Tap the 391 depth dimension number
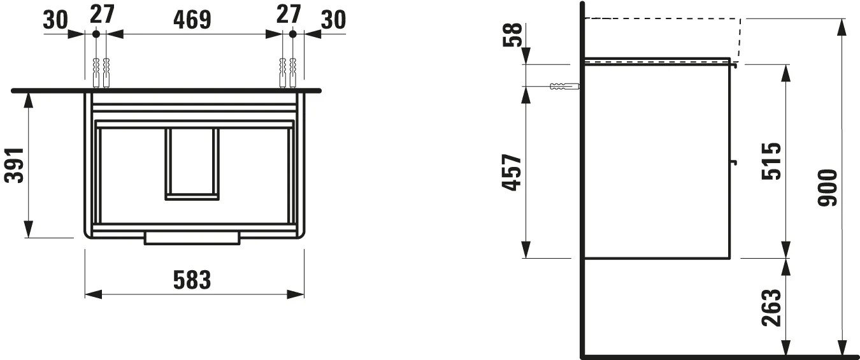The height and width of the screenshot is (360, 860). coord(15,165)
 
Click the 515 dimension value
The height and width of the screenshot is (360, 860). coord(771,161)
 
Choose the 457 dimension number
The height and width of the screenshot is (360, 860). coord(512,173)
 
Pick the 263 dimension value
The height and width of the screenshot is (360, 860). coord(771,307)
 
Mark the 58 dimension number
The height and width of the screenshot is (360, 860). coord(513,35)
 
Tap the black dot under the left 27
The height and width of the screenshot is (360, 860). coord(96,33)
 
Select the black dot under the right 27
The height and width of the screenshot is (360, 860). coord(293,33)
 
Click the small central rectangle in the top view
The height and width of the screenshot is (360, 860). coord(192,164)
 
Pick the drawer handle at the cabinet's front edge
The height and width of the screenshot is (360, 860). coord(192,238)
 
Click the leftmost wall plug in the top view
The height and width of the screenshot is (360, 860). coord(96,73)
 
